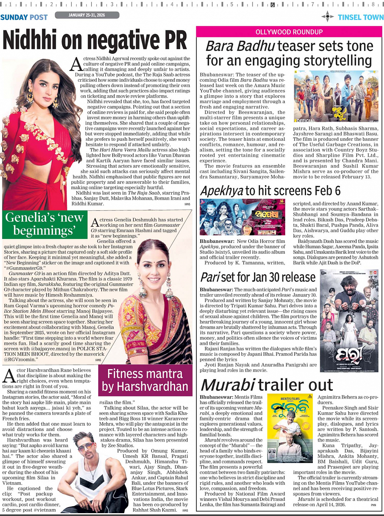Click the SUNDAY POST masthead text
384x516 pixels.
click(24, 17)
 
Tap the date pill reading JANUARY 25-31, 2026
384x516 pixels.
click(87, 15)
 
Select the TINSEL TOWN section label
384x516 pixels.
click(361, 17)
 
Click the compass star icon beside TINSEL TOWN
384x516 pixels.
click(328, 17)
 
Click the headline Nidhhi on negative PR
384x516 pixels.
click(95, 41)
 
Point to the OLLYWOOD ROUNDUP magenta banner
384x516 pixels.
click(289, 32)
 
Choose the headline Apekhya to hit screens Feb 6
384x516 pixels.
click(270, 191)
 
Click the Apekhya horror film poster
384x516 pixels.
click(242, 217)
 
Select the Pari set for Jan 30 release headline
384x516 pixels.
click(258, 277)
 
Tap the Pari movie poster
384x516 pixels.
click(349, 321)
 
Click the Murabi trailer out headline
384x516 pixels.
click(267, 385)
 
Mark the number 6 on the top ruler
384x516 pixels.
click(272, 5)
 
